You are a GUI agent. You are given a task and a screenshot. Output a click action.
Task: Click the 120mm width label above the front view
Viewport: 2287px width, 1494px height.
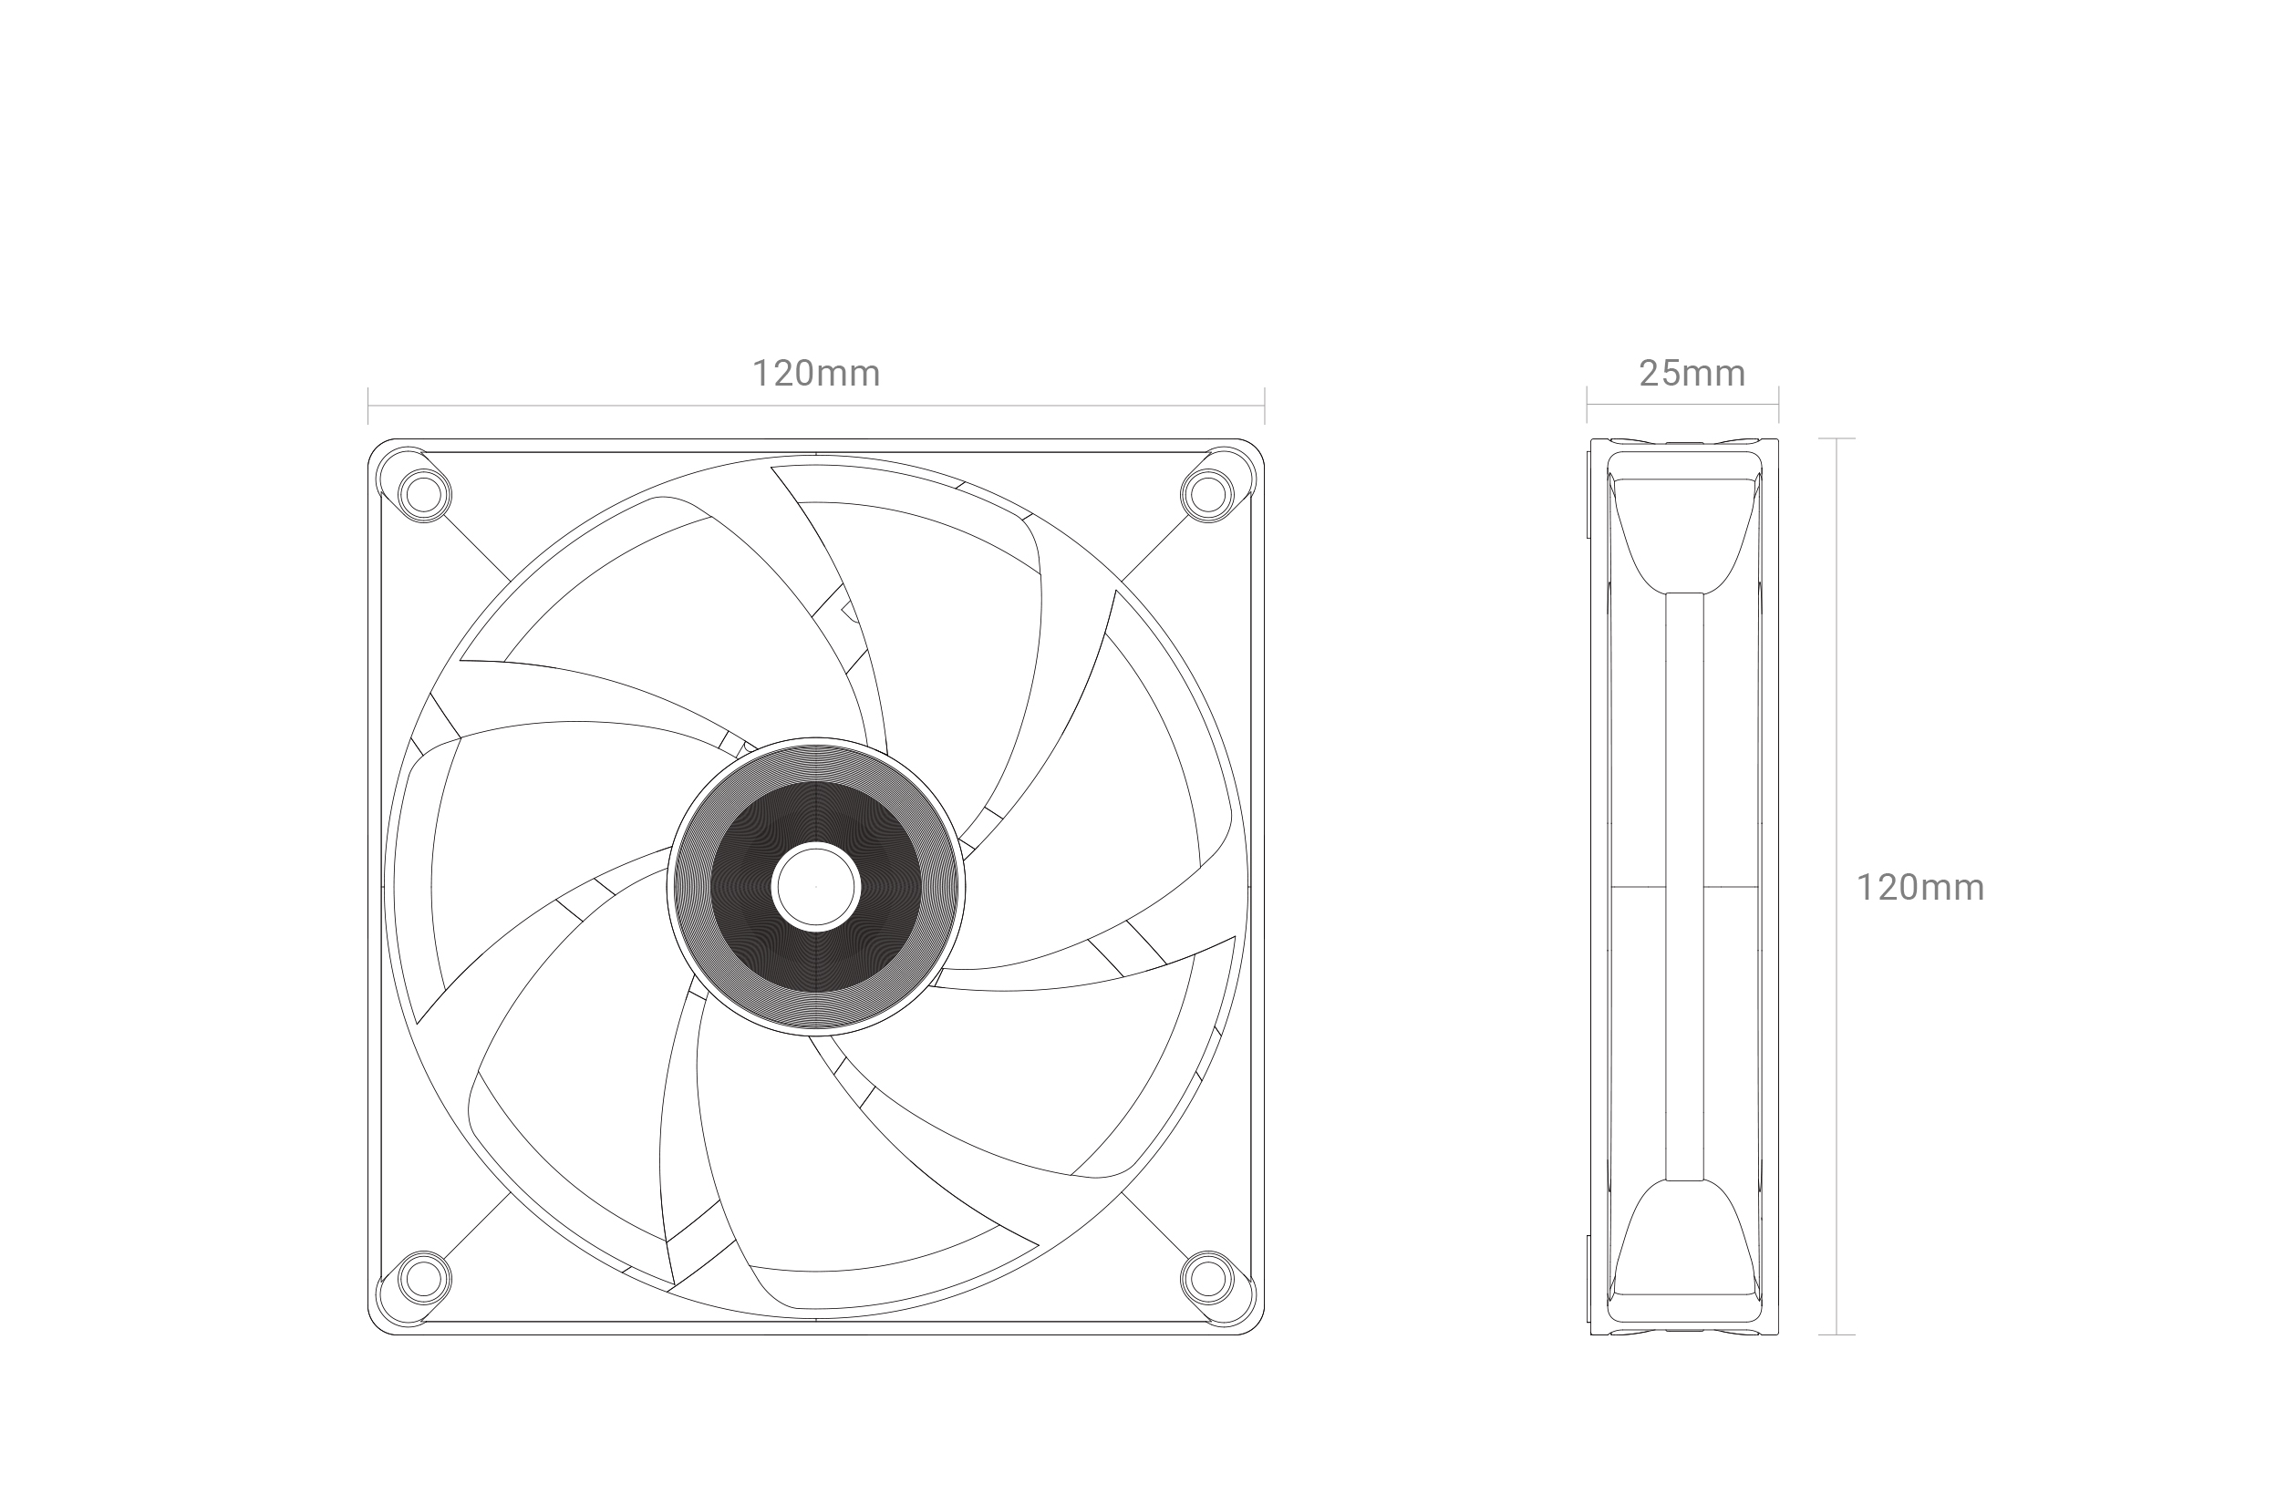click(x=816, y=373)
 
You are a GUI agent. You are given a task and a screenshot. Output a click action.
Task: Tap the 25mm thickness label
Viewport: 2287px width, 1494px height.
click(x=1692, y=373)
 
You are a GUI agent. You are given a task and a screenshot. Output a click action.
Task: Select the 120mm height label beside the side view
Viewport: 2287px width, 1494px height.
click(x=1920, y=887)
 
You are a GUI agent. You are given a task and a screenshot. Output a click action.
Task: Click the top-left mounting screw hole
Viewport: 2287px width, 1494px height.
click(x=424, y=495)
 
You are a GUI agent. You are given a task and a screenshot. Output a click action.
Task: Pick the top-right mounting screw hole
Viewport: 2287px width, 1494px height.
click(x=1208, y=495)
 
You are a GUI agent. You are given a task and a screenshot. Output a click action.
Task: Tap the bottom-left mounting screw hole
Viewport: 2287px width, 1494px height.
click(x=424, y=1278)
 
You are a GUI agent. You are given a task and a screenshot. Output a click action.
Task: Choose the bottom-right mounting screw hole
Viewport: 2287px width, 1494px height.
click(x=1208, y=1278)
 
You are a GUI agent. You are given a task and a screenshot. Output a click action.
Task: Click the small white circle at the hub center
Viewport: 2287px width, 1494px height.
click(x=816, y=887)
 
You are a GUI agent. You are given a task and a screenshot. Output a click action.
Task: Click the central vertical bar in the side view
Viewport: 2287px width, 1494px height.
click(x=1684, y=886)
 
